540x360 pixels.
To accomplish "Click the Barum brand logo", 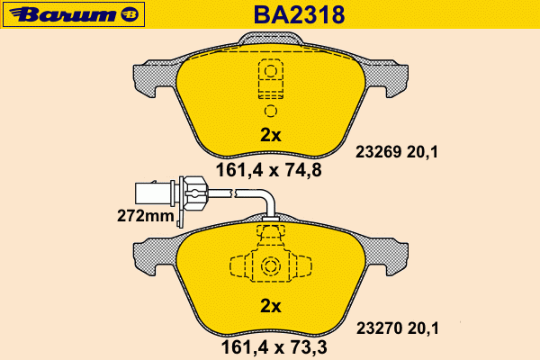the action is (74, 14).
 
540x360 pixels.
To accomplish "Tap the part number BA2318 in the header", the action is (299, 14).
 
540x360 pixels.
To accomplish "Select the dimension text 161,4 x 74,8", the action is (268, 170).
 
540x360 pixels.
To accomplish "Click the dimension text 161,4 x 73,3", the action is (274, 347).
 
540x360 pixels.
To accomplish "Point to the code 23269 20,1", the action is (397, 152).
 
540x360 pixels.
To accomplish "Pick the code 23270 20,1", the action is (398, 328).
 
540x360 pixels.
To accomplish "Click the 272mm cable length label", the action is (145, 216).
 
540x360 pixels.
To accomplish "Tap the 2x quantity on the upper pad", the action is (271, 135).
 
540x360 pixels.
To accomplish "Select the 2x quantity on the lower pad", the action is (271, 306).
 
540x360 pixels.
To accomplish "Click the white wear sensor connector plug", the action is (154, 193).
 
